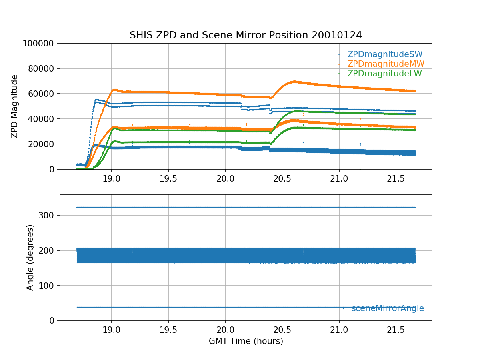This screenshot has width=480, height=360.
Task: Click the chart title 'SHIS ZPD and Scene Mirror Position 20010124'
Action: pos(246,35)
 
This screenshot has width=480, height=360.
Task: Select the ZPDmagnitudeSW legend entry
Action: pos(385,54)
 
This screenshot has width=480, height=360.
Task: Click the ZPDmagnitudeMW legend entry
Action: pos(386,64)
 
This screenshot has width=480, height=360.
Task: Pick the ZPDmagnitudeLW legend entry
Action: pos(384,74)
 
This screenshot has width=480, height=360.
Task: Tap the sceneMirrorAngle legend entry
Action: pos(388,308)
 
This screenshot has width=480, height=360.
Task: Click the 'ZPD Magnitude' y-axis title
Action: pos(15,106)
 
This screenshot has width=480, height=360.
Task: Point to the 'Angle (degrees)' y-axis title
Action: pos(30,257)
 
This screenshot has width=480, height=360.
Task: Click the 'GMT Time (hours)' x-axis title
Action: pos(246,341)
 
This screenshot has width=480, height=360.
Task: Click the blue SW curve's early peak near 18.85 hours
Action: pos(96,100)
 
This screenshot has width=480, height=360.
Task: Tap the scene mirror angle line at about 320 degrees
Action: pos(240,207)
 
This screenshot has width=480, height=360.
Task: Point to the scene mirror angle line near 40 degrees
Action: pos(200,307)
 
